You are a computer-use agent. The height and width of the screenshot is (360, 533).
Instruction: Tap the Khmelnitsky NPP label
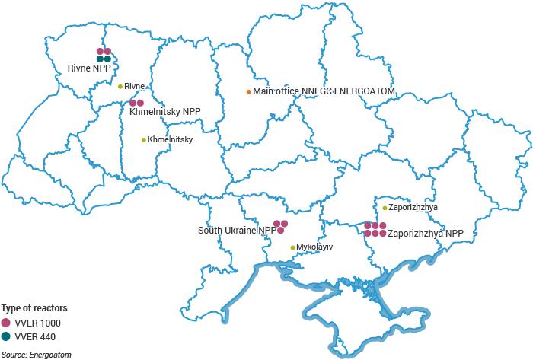pyautogui.click(x=165, y=112)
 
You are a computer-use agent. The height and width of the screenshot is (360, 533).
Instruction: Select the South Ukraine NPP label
pyautogui.click(x=237, y=230)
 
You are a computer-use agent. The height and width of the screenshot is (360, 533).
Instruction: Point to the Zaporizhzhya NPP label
pyautogui.click(x=426, y=234)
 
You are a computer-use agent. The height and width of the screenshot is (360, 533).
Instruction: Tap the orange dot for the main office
pyautogui.click(x=248, y=92)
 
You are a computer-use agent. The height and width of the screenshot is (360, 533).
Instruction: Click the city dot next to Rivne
pyautogui.click(x=120, y=86)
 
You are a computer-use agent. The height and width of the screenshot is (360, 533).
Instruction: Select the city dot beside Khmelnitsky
pyautogui.click(x=144, y=140)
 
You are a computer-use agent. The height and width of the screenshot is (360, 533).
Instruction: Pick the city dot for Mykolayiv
pyautogui.click(x=292, y=247)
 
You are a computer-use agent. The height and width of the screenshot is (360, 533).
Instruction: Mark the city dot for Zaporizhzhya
pyautogui.click(x=385, y=208)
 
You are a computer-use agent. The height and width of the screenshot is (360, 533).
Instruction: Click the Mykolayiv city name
pyautogui.click(x=315, y=247)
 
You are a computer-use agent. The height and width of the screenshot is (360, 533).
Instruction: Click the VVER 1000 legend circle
pyautogui.click(x=7, y=323)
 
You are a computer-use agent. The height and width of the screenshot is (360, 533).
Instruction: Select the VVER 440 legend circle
pyautogui.click(x=7, y=336)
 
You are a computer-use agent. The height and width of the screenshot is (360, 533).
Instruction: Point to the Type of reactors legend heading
pyautogui.click(x=34, y=308)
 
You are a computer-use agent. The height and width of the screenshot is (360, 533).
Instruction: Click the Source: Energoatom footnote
pyautogui.click(x=32, y=355)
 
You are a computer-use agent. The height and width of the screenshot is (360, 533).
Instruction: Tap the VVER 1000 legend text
pyautogui.click(x=37, y=323)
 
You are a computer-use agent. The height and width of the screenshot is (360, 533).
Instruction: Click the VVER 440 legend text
pyautogui.click(x=35, y=336)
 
